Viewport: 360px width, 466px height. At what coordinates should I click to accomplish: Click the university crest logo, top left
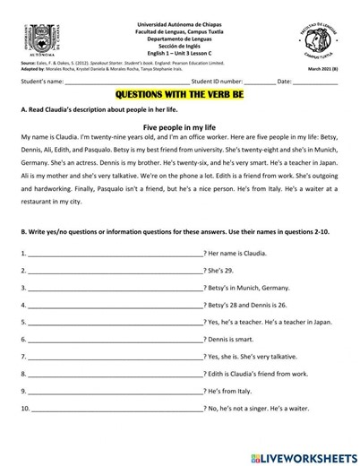pos(43,40)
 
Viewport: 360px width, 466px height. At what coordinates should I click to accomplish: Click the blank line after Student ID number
pos(259,82)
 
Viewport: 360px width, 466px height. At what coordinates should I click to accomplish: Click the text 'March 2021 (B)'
pos(322,69)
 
